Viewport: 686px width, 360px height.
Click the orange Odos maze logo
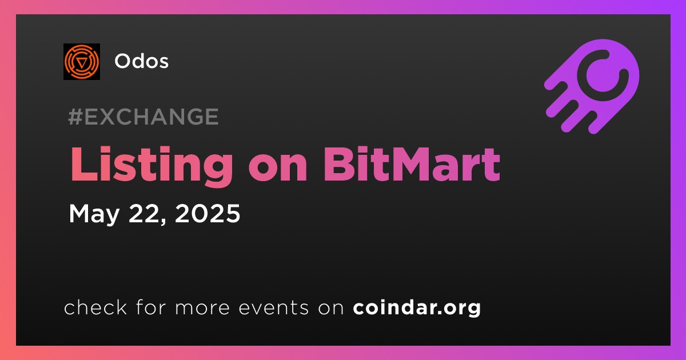[x=82, y=62]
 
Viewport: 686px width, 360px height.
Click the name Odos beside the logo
[x=142, y=61]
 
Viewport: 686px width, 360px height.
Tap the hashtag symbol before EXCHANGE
[x=75, y=117]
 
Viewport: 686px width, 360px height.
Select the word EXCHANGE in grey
[x=151, y=117]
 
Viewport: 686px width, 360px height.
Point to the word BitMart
[x=412, y=164]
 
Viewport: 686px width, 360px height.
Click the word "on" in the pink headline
[x=278, y=169]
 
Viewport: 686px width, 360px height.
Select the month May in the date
[x=94, y=214]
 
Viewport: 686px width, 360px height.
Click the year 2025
[x=208, y=213]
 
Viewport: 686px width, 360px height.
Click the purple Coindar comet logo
[x=592, y=86]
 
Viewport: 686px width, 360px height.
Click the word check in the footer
[x=95, y=307]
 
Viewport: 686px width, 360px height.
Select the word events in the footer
[x=273, y=307]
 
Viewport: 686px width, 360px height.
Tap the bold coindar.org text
[x=417, y=308]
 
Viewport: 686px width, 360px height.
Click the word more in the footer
[x=202, y=308]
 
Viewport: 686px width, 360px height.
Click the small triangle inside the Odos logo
[x=81, y=62]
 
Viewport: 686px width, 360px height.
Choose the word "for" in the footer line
[x=151, y=307]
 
